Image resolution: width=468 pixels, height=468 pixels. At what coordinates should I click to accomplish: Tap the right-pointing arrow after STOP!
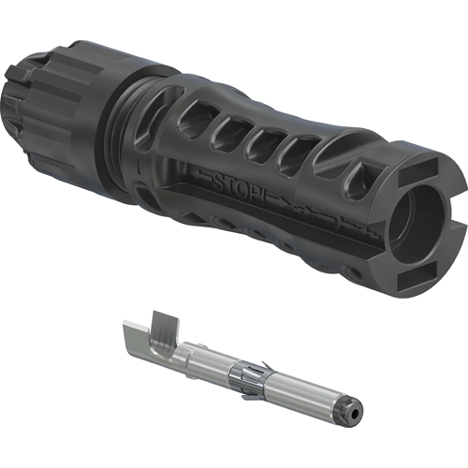(x=282, y=202)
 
